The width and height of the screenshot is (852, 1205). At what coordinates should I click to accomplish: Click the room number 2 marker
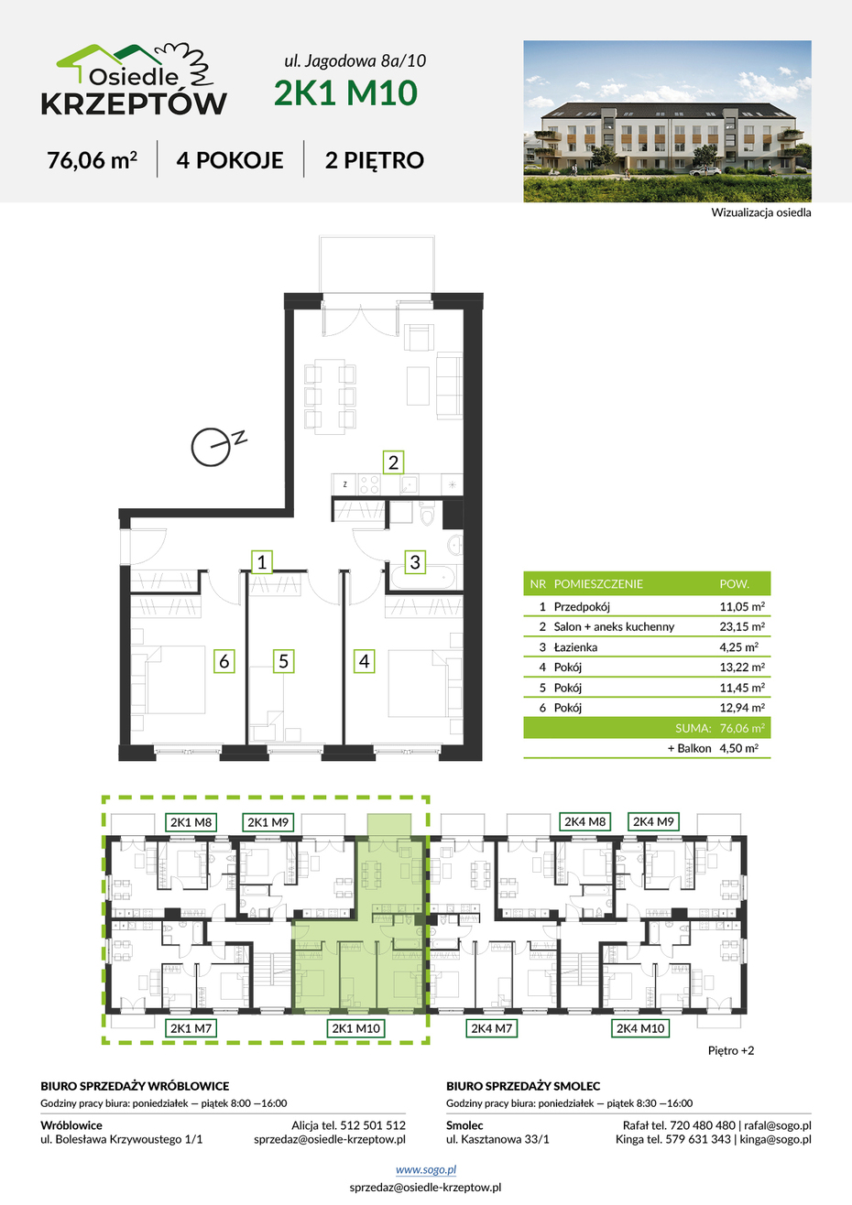click(393, 462)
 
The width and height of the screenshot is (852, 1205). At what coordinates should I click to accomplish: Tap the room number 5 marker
click(284, 660)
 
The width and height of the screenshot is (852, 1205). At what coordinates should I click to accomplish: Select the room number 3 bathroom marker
click(415, 561)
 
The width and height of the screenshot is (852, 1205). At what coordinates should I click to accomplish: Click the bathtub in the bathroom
click(423, 579)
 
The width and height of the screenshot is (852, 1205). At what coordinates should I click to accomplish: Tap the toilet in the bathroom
click(427, 513)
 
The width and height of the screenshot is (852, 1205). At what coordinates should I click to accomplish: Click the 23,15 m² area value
click(742, 626)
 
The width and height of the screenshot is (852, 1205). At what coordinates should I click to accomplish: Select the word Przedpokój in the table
click(582, 607)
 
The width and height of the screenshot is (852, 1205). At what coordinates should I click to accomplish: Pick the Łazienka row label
click(575, 646)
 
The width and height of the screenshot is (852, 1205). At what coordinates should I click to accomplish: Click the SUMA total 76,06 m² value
click(742, 728)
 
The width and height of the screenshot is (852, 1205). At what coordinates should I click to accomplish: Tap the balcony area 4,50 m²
click(739, 748)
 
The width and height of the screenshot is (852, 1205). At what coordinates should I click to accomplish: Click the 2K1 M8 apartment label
click(191, 822)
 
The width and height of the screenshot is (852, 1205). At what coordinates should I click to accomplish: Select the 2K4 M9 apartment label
click(653, 821)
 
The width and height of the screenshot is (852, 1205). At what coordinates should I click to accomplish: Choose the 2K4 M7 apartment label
click(491, 1028)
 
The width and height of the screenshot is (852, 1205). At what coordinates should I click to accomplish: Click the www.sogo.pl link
click(426, 1169)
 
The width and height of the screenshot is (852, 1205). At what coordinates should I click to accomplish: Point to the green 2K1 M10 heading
click(345, 92)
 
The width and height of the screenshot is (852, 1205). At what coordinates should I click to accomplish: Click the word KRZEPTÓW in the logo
click(134, 103)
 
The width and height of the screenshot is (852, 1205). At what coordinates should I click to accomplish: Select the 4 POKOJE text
click(230, 160)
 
